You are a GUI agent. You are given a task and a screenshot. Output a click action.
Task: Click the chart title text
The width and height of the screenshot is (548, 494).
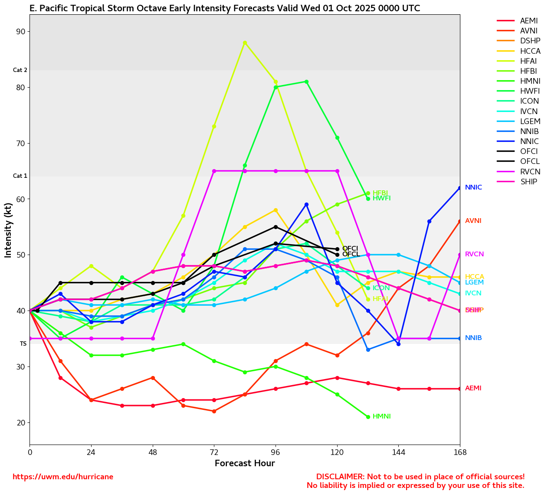click(x=225, y=9)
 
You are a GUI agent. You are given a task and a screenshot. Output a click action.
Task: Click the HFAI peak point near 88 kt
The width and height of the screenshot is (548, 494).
click(x=245, y=43)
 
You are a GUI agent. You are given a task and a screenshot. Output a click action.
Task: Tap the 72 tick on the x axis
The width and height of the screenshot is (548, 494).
click(x=214, y=453)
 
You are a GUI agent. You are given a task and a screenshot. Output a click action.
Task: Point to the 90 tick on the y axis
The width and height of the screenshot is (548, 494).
click(x=20, y=32)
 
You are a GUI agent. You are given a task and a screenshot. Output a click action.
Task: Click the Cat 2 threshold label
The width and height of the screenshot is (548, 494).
click(x=20, y=70)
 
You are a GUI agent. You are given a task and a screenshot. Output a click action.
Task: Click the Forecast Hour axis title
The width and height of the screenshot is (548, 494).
click(x=245, y=464)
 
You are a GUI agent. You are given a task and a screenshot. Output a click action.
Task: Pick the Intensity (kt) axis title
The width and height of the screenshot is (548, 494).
click(x=8, y=230)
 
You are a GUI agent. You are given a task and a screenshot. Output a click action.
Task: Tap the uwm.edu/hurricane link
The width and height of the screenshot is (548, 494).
click(x=63, y=477)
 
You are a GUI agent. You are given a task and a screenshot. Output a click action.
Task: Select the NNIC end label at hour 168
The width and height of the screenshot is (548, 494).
click(x=473, y=188)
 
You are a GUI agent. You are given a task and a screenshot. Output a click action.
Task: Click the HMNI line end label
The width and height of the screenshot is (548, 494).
click(x=381, y=417)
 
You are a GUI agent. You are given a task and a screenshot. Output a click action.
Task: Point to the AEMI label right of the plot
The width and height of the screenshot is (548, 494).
click(x=473, y=389)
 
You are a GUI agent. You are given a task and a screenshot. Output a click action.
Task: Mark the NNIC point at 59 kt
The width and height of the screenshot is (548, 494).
click(x=306, y=205)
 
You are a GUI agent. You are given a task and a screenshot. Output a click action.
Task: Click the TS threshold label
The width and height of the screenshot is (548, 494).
click(x=23, y=344)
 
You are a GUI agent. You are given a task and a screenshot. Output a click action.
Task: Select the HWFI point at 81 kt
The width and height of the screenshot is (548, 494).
click(x=306, y=82)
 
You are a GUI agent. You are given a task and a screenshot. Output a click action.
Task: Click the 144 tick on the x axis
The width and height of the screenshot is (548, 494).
click(x=398, y=453)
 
